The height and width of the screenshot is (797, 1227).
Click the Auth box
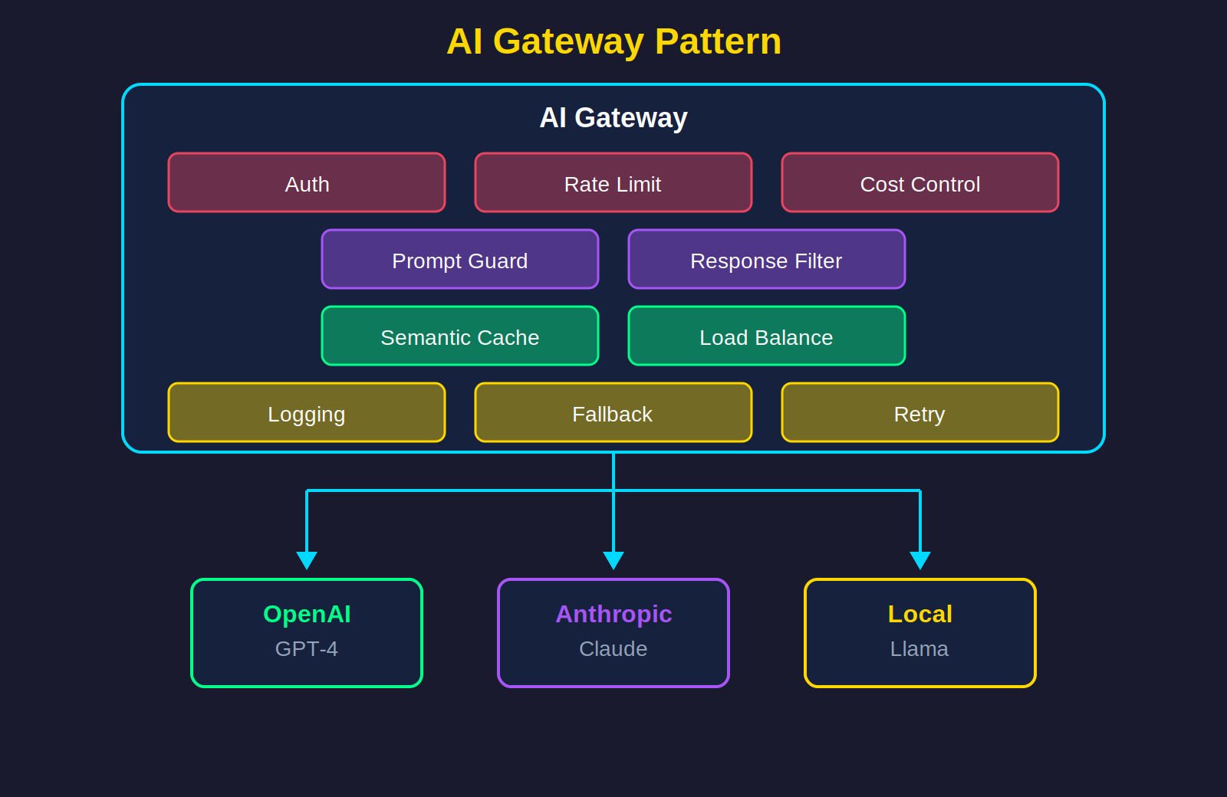[307, 183]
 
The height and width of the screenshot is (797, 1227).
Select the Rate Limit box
[613, 183]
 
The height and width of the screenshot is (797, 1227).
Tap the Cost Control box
[920, 183]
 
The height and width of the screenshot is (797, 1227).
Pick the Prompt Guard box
[460, 260]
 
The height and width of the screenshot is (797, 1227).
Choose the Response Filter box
[767, 260]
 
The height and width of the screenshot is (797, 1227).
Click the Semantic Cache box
[460, 336]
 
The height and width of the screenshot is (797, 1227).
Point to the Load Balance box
[767, 336]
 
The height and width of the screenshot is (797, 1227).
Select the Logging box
[307, 413]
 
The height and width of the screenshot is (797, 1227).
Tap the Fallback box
[613, 413]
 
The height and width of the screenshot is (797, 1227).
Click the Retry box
[920, 413]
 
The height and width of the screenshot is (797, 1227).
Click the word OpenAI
[307, 614]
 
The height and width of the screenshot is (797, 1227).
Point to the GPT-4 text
[307, 649]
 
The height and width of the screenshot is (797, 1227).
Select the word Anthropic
[613, 614]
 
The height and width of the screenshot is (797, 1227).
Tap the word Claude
[613, 649]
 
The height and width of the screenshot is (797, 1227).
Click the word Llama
[919, 649]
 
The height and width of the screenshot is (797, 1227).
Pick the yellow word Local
[920, 614]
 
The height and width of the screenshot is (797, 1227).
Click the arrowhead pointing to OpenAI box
[307, 560]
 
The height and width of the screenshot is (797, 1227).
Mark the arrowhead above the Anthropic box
[613, 560]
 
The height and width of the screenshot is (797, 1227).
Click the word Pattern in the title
[718, 41]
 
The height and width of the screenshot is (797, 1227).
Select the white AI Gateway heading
[613, 118]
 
